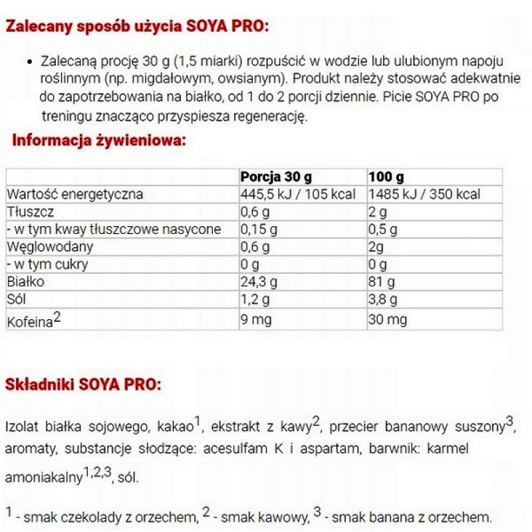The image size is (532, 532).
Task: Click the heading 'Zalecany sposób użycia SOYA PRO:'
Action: pyautogui.click(x=137, y=27)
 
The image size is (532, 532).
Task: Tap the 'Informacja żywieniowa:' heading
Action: pyautogui.click(x=99, y=140)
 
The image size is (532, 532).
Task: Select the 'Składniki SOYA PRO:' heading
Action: pyautogui.click(x=82, y=385)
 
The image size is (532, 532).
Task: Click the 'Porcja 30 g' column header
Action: pyautogui.click(x=276, y=178)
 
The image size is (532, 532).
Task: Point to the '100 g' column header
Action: pyautogui.click(x=386, y=178)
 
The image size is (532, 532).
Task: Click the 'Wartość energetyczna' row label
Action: pyautogui.click(x=74, y=195)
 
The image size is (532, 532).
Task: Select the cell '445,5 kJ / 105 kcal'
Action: pyautogui.click(x=296, y=195)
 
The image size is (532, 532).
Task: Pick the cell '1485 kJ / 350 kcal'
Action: pyautogui.click(x=424, y=195)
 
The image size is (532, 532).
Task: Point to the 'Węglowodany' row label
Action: pyautogui.click(x=49, y=247)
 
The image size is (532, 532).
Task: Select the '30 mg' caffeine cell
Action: pyautogui.click(x=387, y=320)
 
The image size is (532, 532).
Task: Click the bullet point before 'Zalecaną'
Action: pyautogui.click(x=29, y=61)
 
